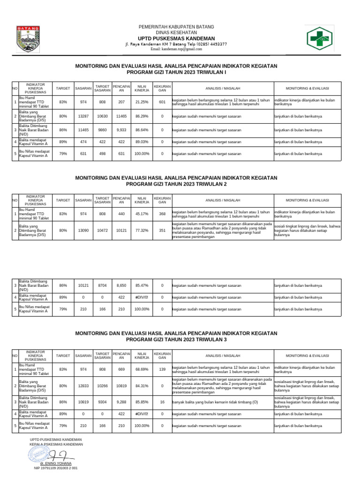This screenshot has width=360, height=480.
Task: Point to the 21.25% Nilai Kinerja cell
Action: click(142, 102)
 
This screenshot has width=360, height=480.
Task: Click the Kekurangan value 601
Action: click(162, 102)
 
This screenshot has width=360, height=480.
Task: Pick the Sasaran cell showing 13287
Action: click(83, 116)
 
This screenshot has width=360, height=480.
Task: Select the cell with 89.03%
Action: click(142, 142)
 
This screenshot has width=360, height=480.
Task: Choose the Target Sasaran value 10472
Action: click(103, 231)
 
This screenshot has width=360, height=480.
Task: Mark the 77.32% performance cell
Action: click(142, 231)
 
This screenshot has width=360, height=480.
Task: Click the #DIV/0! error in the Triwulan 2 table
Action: click(142, 297)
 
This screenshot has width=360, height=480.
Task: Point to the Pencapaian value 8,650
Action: click(121, 285)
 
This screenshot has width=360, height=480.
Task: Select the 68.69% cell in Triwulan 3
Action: click(142, 370)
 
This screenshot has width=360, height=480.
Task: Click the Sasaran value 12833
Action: click(83, 386)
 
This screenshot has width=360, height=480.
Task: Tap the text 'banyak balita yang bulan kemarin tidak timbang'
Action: click(215, 402)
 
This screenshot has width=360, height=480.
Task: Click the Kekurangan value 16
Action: click(162, 402)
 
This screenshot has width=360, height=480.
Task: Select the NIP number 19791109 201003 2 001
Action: click(56, 468)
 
